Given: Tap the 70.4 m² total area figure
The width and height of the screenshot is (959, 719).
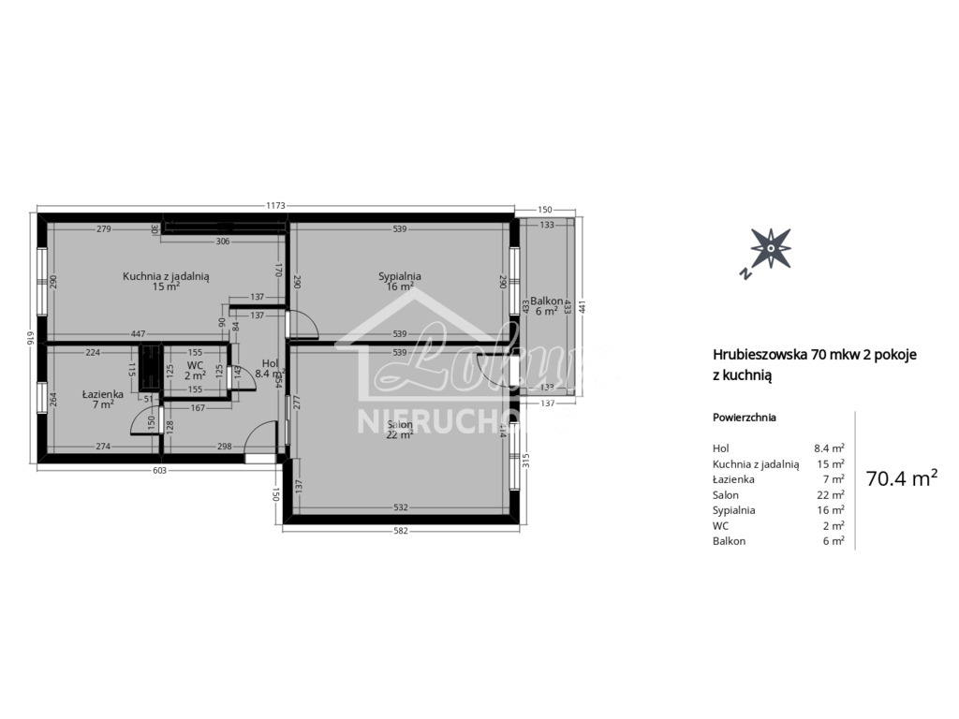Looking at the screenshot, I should [x=902, y=478].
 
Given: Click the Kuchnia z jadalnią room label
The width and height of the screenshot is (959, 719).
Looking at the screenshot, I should [x=166, y=276].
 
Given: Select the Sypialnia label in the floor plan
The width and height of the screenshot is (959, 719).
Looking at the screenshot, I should [x=400, y=276].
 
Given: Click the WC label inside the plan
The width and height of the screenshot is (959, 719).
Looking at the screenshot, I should [x=195, y=365].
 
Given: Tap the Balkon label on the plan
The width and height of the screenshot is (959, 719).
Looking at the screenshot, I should [x=547, y=301].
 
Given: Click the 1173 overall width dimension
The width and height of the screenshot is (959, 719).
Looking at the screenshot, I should [x=274, y=206].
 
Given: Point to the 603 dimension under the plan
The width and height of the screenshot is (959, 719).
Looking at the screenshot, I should [x=160, y=471].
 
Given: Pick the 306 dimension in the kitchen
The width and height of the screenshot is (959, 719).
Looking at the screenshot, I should [x=223, y=241].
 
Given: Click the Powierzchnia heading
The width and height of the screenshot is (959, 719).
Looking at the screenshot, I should [x=744, y=418].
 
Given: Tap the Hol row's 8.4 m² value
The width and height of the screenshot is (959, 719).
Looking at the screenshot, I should [x=829, y=448].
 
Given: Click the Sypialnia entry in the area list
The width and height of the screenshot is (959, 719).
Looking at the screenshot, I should [x=733, y=510].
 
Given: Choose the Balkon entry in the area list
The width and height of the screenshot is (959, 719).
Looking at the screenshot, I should [x=729, y=541].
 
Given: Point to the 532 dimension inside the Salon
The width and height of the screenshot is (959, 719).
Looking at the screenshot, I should [x=400, y=507].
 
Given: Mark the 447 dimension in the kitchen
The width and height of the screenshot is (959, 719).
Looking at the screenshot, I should [x=138, y=334].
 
